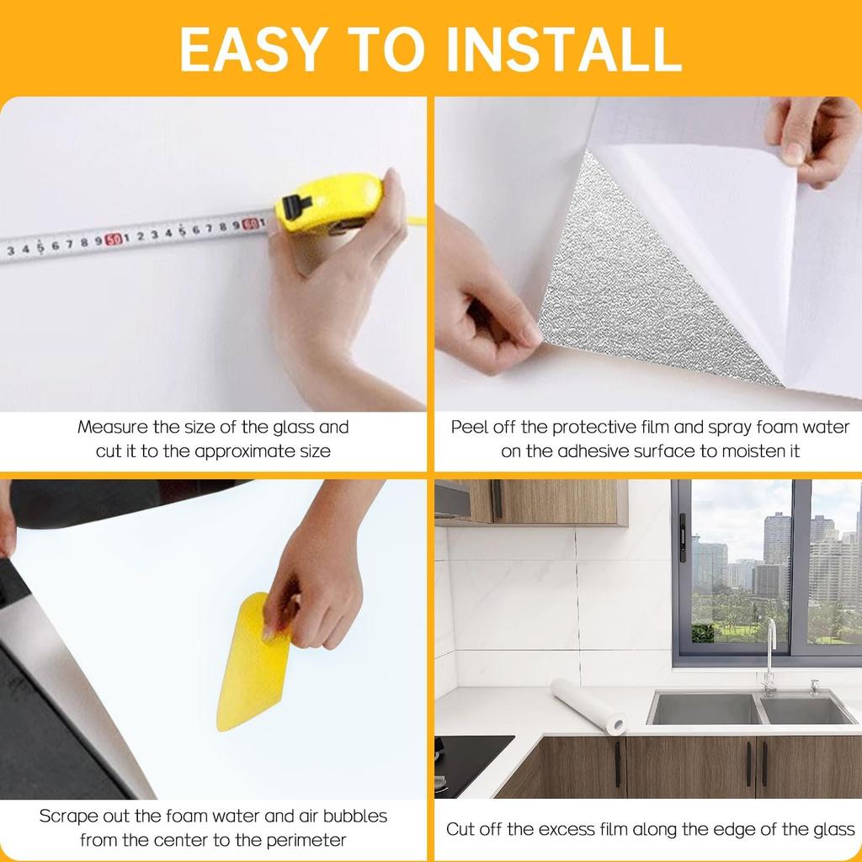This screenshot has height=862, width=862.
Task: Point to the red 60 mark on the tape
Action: point(250,224)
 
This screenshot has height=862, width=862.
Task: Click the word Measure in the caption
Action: point(113,427)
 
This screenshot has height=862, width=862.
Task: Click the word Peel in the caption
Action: point(469,427)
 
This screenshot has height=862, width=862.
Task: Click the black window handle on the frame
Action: point(682,539)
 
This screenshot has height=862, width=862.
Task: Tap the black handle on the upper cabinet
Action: point(497,500)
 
